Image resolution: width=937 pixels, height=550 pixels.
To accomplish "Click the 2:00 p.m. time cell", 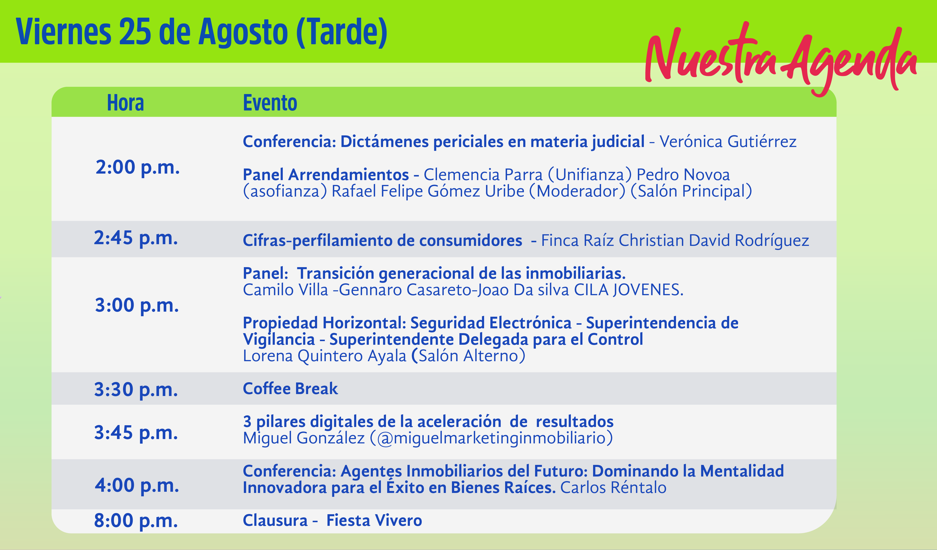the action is coord(138,167).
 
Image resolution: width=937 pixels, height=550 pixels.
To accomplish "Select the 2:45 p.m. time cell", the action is coord(136,238).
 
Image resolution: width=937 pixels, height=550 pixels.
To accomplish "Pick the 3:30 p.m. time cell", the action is coord(136,390).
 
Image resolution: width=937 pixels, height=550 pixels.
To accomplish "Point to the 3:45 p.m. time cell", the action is coord(136,433).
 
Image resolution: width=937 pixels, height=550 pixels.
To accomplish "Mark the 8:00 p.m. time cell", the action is coord(136,521).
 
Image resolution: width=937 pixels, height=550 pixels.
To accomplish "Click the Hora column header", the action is coord(125,103).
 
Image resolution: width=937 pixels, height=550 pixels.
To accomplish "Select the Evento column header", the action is coord(270,103).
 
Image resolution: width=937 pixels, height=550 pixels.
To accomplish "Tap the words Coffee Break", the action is coord(291,389).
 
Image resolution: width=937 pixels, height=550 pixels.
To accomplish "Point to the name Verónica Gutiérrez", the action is coord(728,142).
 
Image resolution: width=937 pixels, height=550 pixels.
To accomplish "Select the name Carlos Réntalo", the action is coord(614,488).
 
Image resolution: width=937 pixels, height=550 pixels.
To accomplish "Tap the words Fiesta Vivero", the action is coord(374,521).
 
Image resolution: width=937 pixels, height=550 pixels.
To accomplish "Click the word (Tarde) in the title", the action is coord(342,32).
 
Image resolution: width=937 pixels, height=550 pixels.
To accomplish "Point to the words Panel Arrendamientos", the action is coord(326,175).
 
